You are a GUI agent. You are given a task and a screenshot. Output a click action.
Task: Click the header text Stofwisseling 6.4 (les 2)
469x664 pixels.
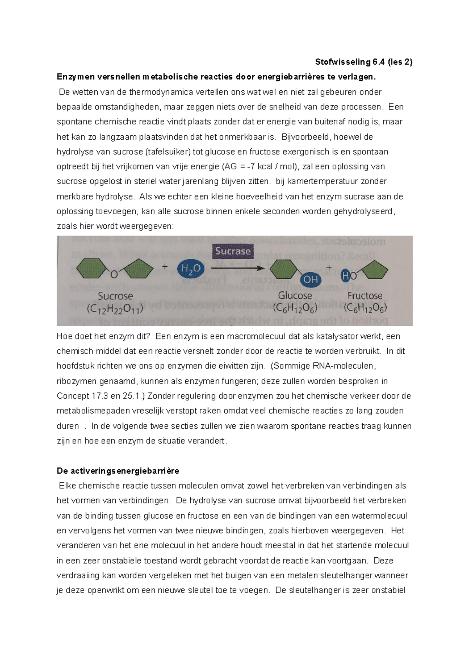[363, 62]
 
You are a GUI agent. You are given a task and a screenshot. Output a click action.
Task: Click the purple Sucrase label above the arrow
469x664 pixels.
[233, 251]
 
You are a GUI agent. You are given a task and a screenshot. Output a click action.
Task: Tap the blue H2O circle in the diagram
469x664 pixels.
[191, 268]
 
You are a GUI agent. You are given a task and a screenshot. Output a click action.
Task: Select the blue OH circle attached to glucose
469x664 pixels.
[310, 280]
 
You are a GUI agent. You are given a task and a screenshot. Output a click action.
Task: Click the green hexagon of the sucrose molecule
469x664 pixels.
[91, 269]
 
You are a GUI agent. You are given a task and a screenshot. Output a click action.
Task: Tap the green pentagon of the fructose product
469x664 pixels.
[373, 270]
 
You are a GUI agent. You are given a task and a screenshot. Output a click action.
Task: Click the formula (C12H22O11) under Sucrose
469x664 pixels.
[115, 309]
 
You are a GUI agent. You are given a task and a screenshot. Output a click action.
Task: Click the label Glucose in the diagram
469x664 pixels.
[295, 296]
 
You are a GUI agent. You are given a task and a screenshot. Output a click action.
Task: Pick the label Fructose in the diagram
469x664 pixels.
[365, 296]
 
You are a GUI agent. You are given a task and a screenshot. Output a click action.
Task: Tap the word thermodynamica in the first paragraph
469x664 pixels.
[161, 92]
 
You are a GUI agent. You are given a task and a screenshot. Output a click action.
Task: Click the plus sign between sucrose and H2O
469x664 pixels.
[165, 267]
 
